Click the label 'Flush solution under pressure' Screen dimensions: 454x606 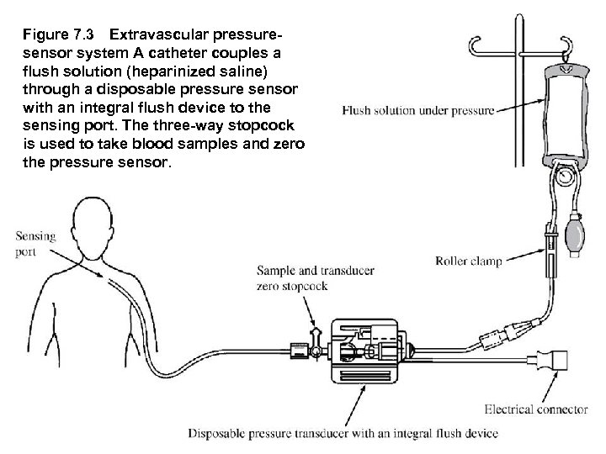click(417, 110)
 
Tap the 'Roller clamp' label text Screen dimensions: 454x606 click(468, 261)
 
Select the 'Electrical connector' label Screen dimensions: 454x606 click(535, 409)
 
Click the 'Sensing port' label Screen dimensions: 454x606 click(35, 244)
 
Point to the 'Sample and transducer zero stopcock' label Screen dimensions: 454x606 click(315, 278)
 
